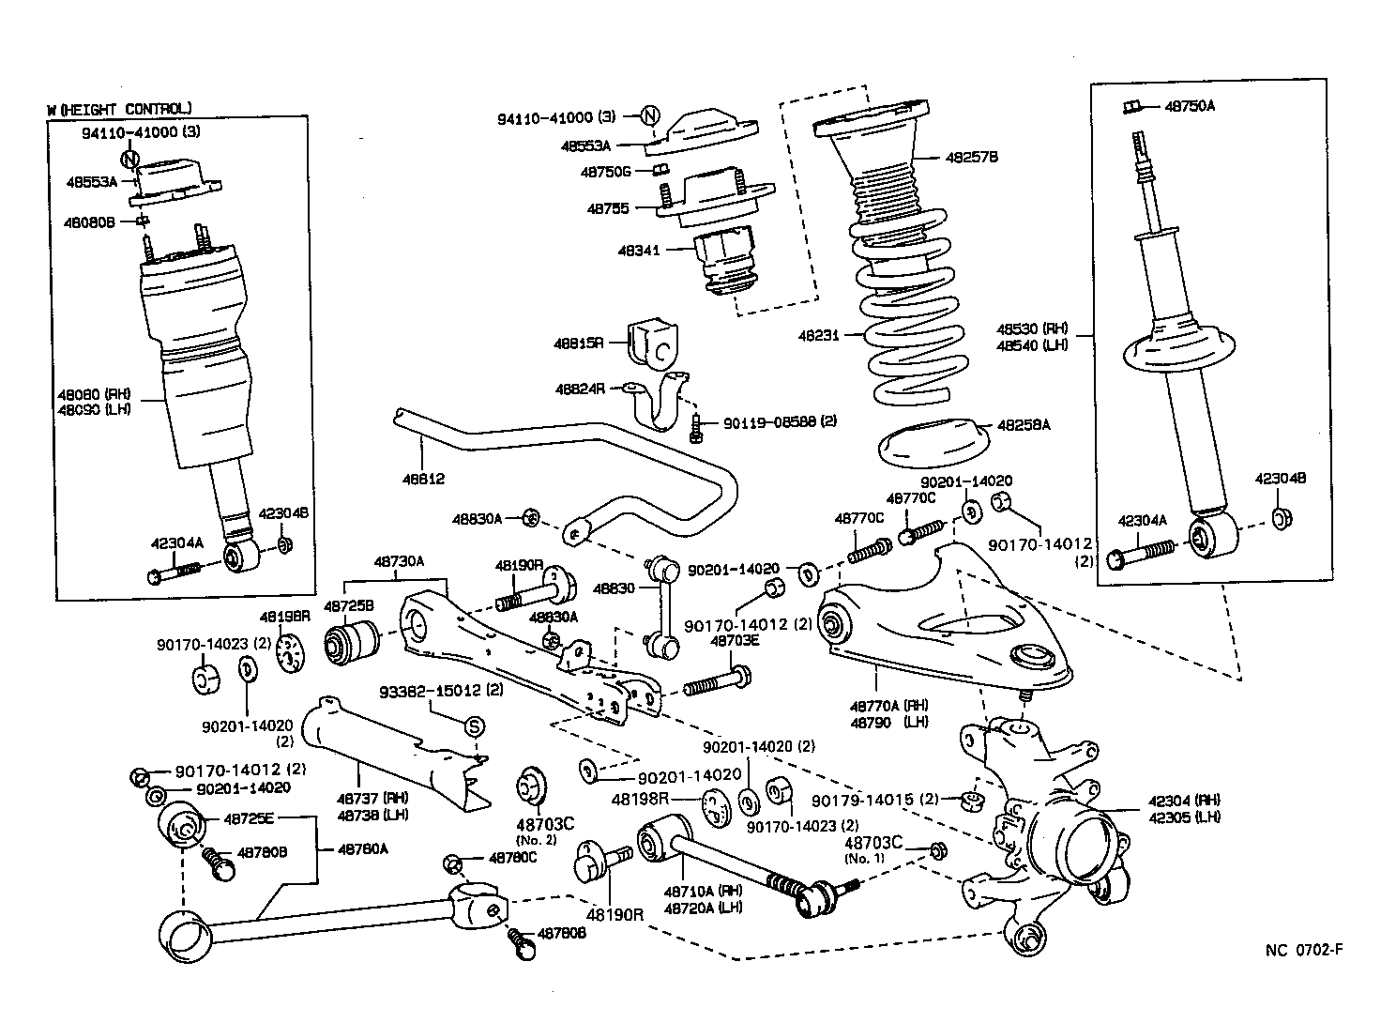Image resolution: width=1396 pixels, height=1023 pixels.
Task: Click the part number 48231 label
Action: [818, 334]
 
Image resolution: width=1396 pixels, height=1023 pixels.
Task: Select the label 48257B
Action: [945, 157]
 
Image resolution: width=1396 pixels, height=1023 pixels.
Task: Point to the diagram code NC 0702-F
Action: [1304, 949]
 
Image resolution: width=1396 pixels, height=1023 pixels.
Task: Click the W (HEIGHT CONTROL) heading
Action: [119, 109]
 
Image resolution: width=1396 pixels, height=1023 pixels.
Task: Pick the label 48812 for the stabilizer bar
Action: [423, 479]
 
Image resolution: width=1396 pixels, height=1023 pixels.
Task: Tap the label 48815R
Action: [579, 344]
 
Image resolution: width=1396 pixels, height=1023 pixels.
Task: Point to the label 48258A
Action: [1023, 425]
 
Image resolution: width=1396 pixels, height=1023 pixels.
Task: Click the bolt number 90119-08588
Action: [769, 422]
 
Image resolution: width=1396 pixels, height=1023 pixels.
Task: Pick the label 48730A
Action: [399, 560]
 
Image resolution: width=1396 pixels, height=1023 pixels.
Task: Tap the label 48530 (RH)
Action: [1032, 328]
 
